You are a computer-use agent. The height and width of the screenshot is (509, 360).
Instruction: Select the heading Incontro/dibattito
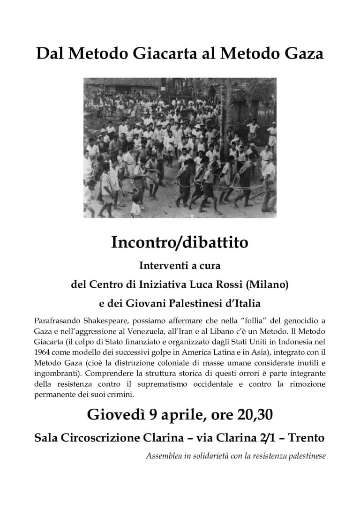point(180,243)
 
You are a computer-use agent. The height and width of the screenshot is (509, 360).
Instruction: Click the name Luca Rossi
point(217,284)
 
